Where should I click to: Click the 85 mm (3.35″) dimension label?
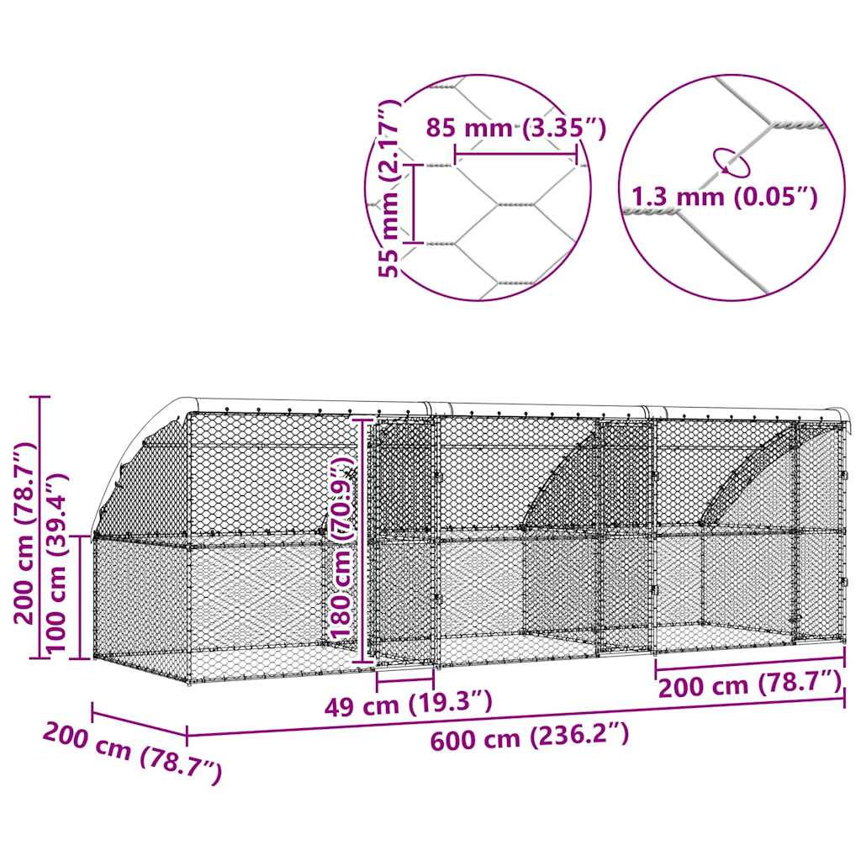(515, 128)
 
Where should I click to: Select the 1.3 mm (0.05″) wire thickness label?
(722, 197)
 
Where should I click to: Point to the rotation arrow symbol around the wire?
(729, 162)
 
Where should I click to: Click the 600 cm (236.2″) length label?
(530, 739)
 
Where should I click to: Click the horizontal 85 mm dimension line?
(515, 153)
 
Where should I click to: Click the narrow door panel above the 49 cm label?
(404, 538)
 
